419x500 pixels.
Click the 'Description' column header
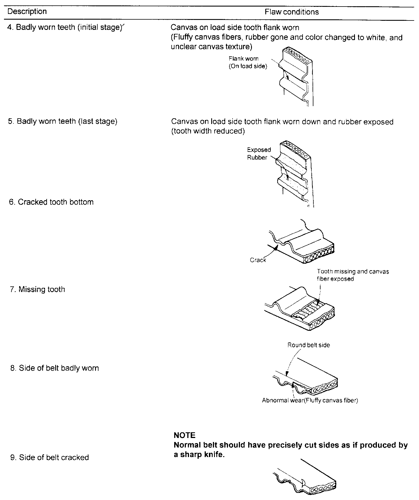coord(27,12)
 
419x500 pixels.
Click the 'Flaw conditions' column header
coord(291,12)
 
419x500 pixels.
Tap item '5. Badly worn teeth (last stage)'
coord(63,121)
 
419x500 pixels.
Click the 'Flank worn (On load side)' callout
coord(248,63)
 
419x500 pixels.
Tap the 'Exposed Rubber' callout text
coord(259,154)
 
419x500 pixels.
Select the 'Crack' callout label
coord(258,260)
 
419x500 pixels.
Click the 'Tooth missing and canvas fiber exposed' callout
coord(353,275)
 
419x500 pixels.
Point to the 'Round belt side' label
coord(309,345)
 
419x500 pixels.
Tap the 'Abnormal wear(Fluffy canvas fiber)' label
coord(310,401)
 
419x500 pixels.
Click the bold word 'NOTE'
coord(184,435)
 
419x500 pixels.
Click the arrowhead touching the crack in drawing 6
coord(275,248)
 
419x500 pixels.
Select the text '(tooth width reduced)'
coord(208,131)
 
